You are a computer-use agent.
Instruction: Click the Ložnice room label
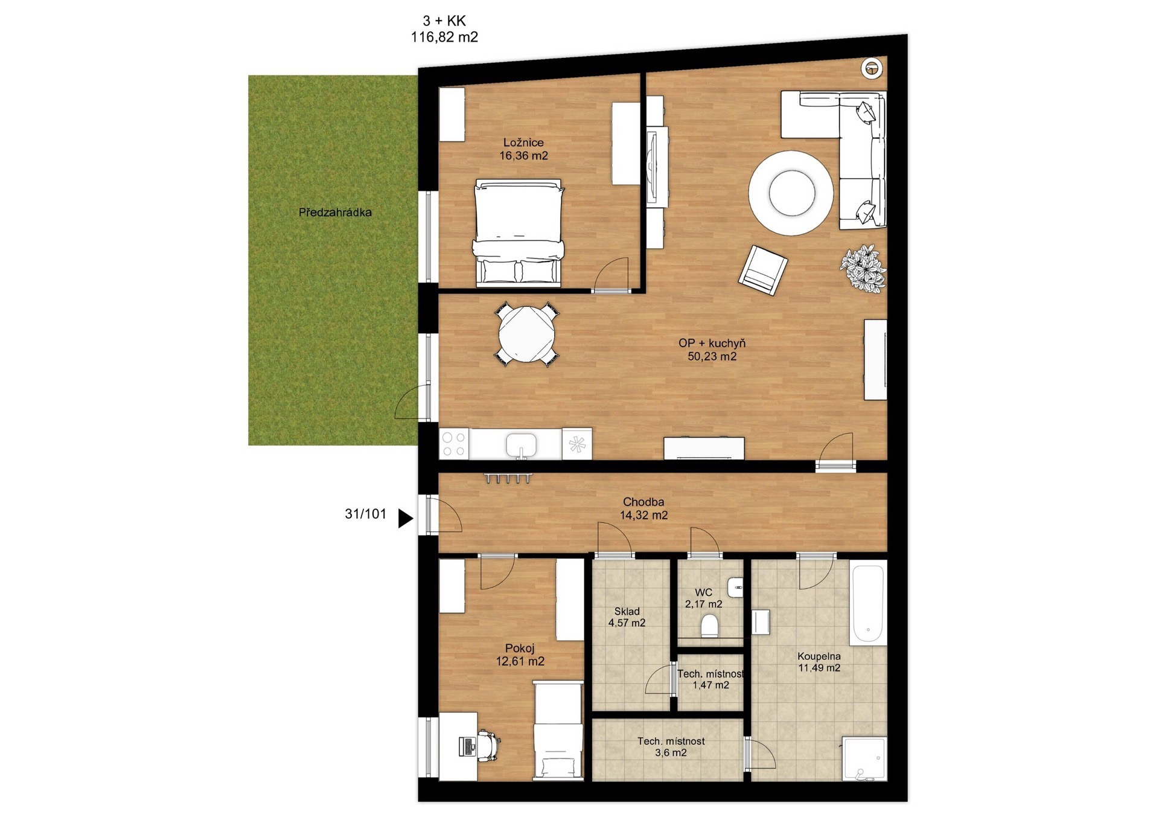(523, 143)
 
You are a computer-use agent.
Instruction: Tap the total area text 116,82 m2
(444, 37)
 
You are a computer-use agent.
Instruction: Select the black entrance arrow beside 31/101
(406, 517)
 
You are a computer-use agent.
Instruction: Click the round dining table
(526, 334)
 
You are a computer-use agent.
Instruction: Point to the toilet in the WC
(710, 626)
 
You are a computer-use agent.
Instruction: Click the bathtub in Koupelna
(868, 603)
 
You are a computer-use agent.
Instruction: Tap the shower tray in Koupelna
(864, 758)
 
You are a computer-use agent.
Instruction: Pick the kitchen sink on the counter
(521, 445)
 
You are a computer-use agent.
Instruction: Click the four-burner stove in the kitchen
(455, 444)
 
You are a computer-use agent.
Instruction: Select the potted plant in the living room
(863, 269)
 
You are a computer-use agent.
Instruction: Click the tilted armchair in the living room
(763, 270)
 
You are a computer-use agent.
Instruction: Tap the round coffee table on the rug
(792, 193)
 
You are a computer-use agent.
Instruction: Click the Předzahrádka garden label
(335, 213)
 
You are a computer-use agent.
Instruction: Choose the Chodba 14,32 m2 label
(643, 508)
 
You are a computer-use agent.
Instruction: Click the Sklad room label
(627, 611)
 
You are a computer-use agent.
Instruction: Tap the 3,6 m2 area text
(671, 753)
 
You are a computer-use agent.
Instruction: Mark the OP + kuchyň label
(712, 343)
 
